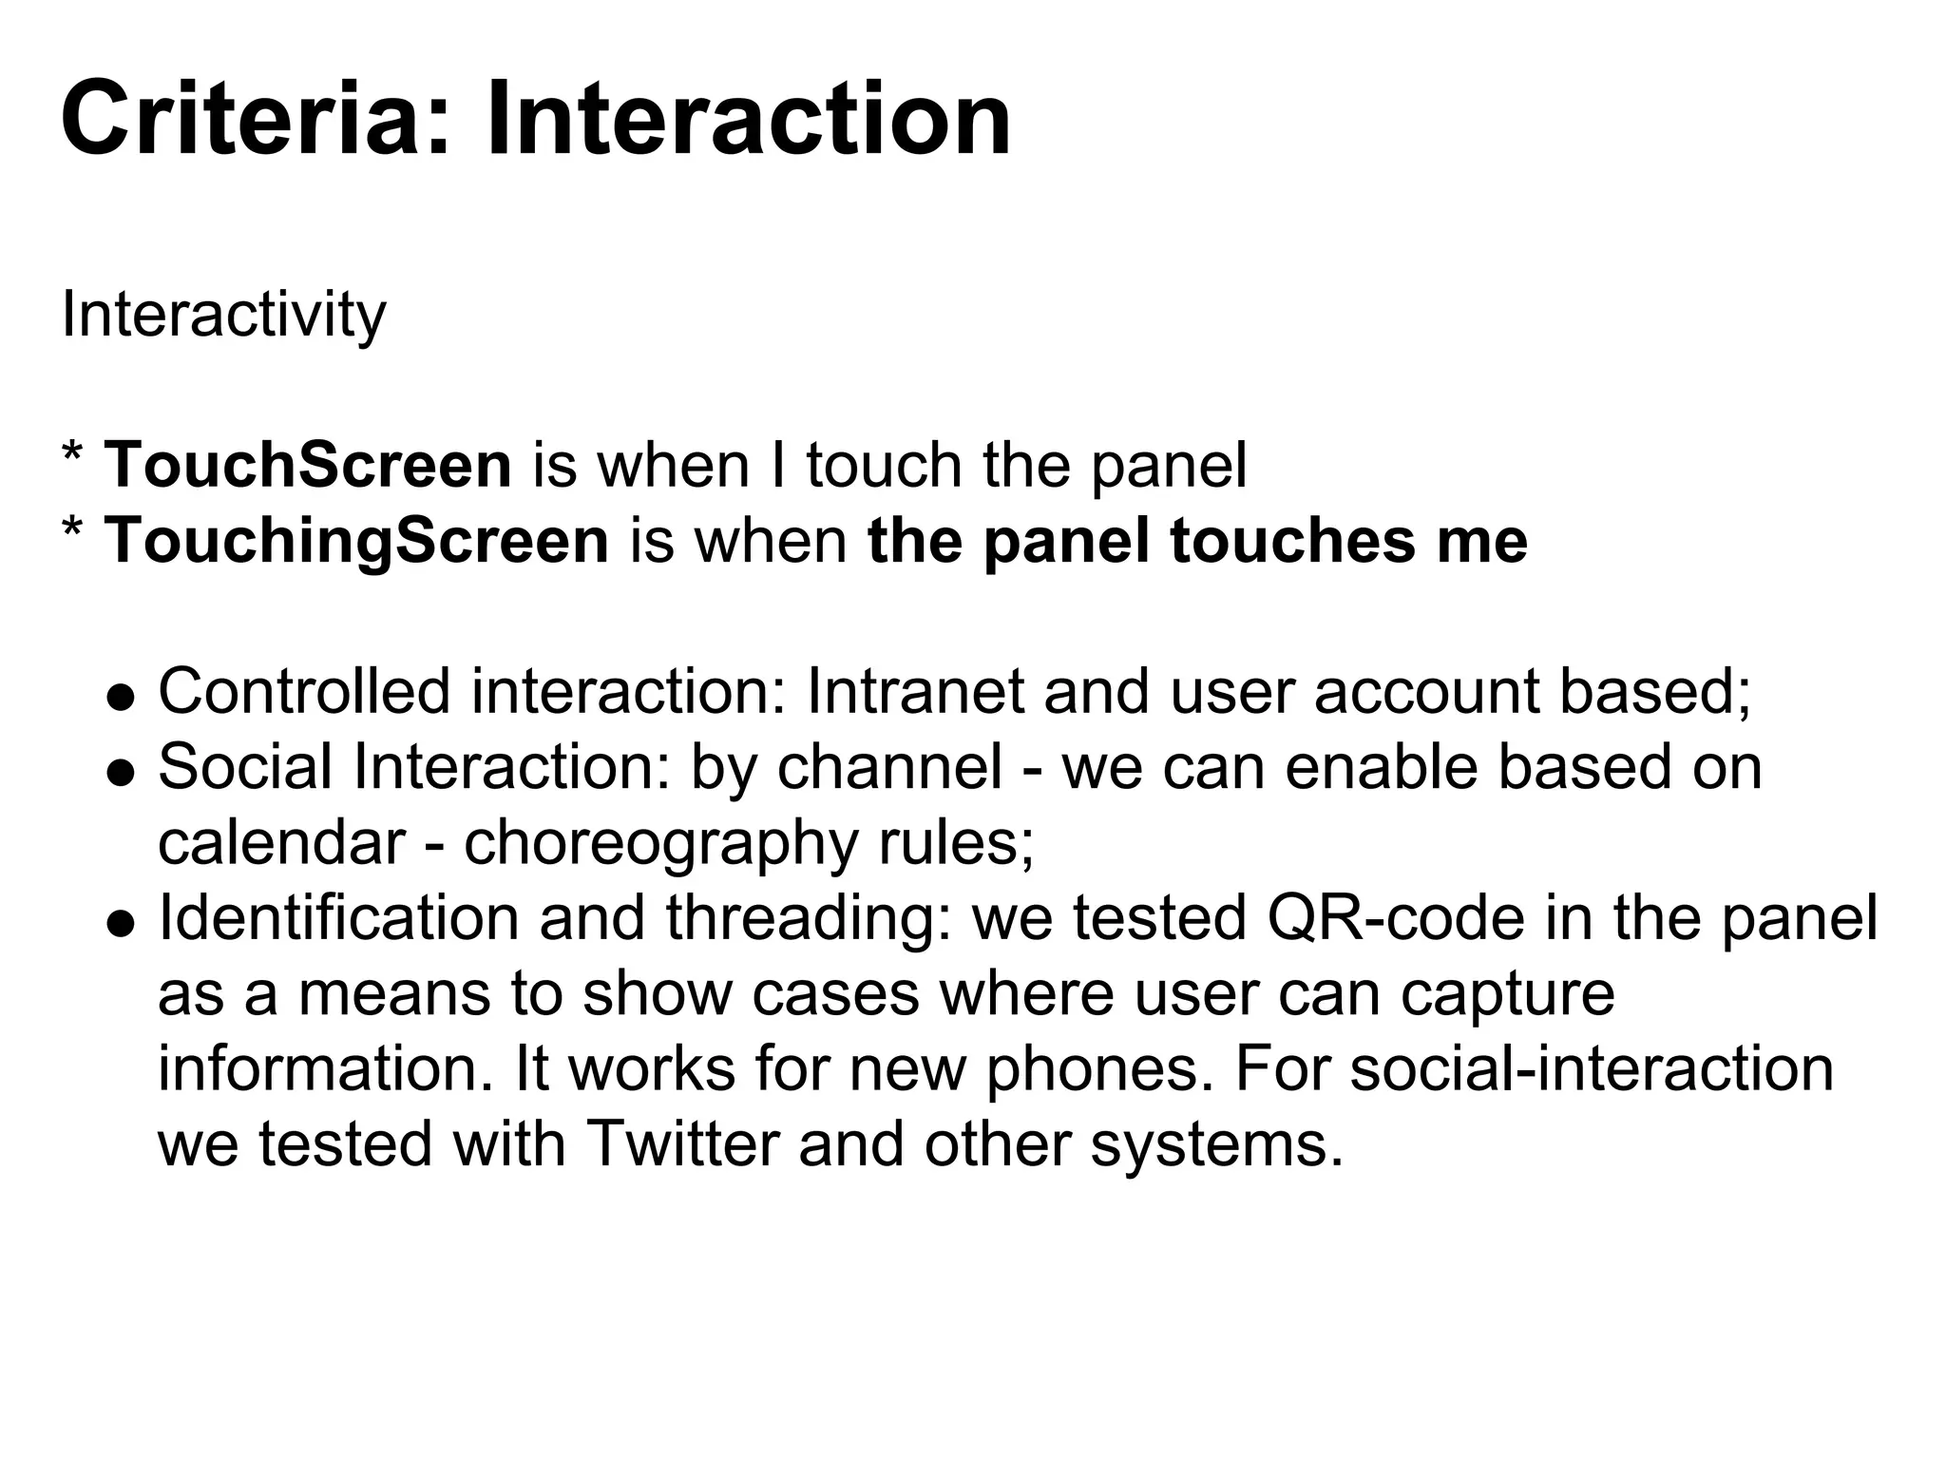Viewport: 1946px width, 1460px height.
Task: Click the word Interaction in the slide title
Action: pos(748,121)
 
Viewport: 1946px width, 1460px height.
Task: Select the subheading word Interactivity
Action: pos(223,315)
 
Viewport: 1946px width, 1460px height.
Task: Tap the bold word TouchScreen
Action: pos(308,466)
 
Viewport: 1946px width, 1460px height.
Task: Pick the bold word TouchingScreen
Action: pos(356,541)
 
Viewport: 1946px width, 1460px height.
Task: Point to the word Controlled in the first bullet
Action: pos(304,691)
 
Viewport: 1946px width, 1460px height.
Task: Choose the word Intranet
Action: pos(915,691)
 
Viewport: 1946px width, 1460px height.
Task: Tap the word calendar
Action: pos(281,841)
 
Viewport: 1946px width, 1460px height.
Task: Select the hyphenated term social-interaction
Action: pos(1591,1068)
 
